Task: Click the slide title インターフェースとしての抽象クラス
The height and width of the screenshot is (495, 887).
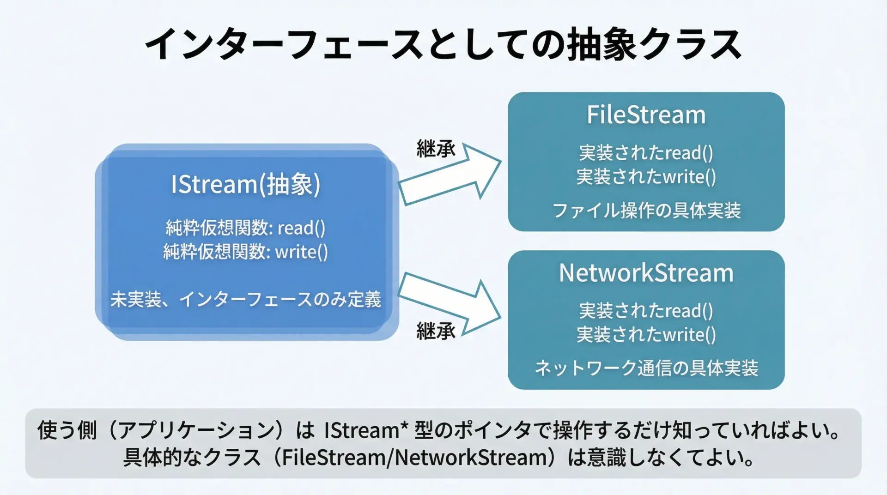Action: point(443,45)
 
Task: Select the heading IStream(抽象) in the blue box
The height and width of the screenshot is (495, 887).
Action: point(245,184)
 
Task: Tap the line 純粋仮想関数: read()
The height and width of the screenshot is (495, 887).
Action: point(245,228)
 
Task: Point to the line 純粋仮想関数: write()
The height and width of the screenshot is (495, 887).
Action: point(245,252)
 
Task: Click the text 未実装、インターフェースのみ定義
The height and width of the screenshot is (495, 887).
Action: point(245,299)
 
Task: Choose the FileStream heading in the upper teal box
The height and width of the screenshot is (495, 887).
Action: point(646,115)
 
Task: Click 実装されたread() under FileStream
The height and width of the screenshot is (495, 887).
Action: point(646,153)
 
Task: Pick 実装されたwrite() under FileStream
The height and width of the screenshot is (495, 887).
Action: point(646,177)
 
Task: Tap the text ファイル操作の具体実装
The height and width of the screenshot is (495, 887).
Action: point(646,211)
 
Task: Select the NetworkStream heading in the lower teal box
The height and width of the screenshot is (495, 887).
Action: point(646,273)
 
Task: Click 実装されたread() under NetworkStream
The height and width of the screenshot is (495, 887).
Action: point(646,311)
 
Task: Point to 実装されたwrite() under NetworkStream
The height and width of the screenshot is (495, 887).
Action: point(646,335)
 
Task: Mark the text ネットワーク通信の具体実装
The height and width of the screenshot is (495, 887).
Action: point(646,368)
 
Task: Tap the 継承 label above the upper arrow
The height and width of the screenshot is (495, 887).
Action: point(436,149)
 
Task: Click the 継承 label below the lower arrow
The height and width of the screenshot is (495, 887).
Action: point(436,331)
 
